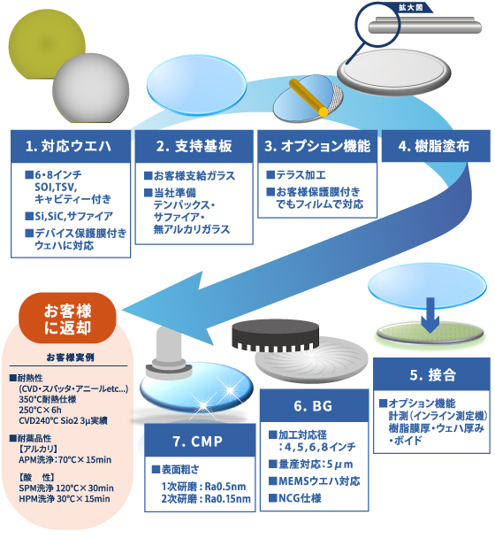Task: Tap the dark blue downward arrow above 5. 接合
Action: tap(428, 314)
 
